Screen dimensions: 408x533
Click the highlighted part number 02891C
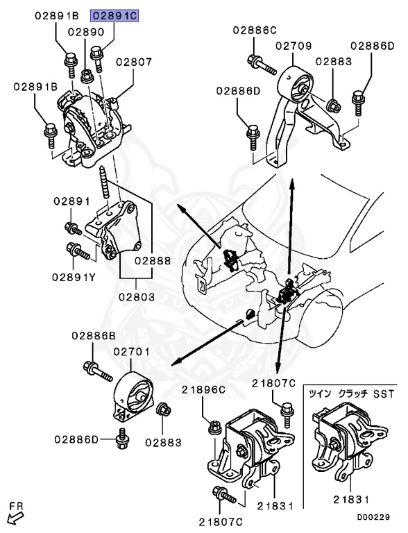[x=114, y=16]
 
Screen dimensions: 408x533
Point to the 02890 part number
[x=86, y=32]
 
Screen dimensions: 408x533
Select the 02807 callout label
[x=134, y=62]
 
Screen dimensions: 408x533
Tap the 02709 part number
[x=294, y=46]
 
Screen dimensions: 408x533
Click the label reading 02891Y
[x=74, y=277]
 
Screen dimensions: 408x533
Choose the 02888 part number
[x=153, y=260]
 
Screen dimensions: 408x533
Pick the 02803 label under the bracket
[x=137, y=297]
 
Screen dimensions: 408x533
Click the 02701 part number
[x=132, y=351]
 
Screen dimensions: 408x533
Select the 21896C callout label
[x=203, y=389]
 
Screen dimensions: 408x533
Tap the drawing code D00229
[x=373, y=517]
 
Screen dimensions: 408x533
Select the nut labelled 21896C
[x=215, y=427]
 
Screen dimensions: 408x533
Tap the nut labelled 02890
[x=87, y=76]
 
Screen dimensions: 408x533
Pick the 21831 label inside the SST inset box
[x=351, y=500]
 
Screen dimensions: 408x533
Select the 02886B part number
[x=94, y=335]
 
